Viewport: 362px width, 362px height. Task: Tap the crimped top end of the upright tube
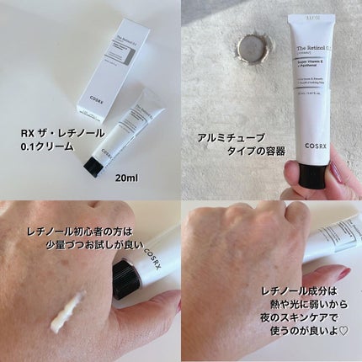[x=308, y=16]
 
